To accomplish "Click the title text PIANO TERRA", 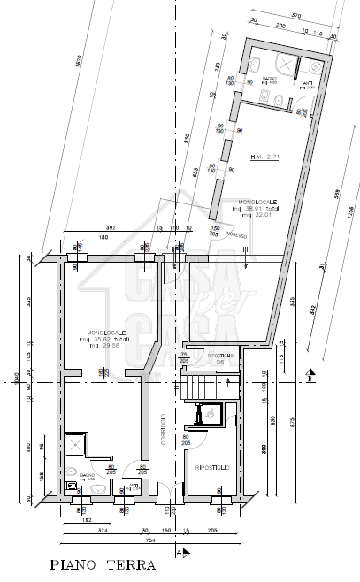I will (x=103, y=564).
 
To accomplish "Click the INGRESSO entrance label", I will (x=235, y=234).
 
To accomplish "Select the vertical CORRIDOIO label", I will (x=164, y=429).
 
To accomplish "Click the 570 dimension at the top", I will (x=297, y=15).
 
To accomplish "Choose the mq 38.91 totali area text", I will (x=258, y=209).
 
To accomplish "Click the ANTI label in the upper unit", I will (x=307, y=82).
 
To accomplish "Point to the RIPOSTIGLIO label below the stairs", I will (x=212, y=466).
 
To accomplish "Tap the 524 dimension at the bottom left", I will (x=103, y=531).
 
